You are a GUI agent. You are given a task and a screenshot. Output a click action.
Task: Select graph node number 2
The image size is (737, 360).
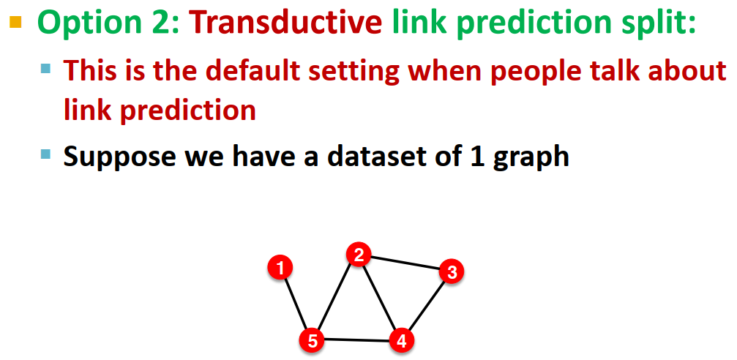(359, 255)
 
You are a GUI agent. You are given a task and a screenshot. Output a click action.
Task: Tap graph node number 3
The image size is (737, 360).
(452, 272)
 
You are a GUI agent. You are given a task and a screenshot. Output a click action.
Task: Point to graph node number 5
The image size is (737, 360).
(313, 340)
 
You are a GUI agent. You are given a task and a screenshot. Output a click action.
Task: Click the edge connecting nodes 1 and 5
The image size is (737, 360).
(296, 304)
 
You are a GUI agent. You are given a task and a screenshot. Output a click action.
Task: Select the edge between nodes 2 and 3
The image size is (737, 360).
(405, 263)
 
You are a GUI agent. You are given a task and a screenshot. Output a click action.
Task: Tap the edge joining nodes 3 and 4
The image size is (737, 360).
(426, 306)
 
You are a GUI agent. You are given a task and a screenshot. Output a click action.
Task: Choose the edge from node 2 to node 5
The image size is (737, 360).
(335, 297)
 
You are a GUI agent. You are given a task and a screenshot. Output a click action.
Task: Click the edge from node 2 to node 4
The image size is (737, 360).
(379, 297)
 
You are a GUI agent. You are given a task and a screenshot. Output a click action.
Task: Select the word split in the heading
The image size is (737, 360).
(651, 25)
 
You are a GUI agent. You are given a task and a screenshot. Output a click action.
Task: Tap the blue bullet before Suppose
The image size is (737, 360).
(47, 154)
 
